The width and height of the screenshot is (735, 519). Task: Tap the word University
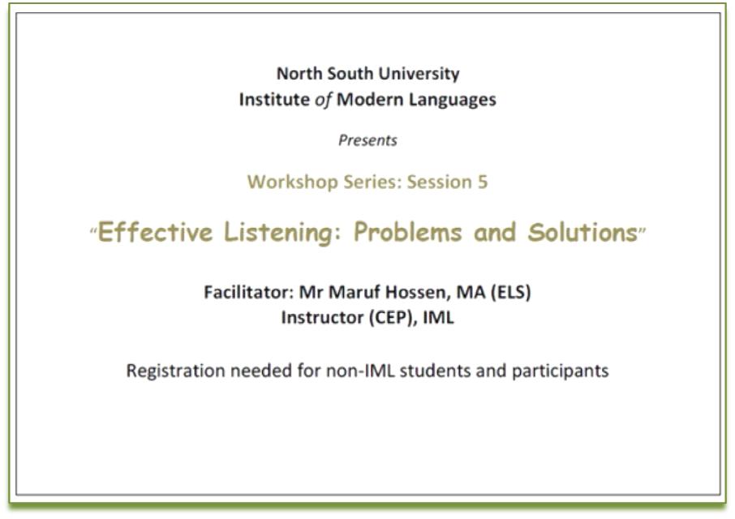(419, 75)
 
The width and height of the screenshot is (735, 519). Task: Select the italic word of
(323, 100)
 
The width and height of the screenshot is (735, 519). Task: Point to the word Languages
(453, 101)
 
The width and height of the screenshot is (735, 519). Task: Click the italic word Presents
(368, 140)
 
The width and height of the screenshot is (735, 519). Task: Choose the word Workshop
(293, 182)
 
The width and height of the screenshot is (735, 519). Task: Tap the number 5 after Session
(483, 182)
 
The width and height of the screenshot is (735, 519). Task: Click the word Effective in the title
(155, 232)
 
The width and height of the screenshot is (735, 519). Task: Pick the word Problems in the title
(408, 232)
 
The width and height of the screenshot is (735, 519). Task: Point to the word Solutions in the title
(582, 232)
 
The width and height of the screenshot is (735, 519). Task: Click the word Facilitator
(249, 292)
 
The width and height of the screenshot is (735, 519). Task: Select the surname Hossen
(418, 293)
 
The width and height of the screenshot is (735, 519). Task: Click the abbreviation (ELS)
(510, 293)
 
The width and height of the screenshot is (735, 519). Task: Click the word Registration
(176, 371)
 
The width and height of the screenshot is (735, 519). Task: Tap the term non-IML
(360, 371)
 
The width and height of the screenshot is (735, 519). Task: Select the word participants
(560, 371)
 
